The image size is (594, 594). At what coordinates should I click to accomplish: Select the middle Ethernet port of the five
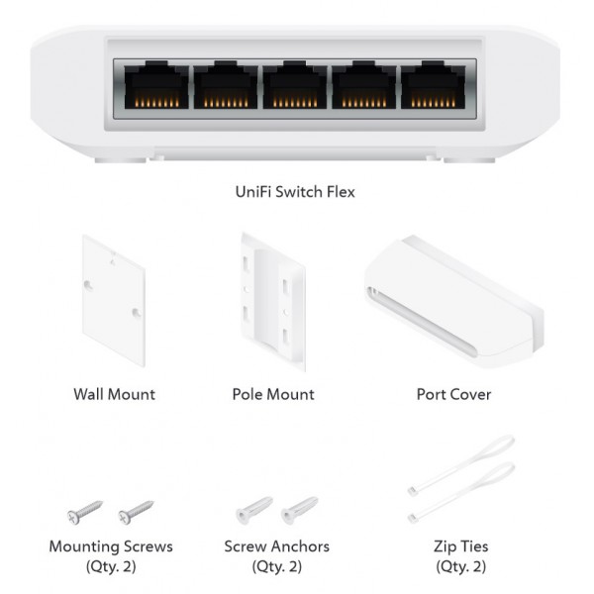(x=294, y=88)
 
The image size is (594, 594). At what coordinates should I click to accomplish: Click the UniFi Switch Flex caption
(x=297, y=191)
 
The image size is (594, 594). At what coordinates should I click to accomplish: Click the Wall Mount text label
(x=114, y=394)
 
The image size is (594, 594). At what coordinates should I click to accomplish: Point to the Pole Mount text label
(x=273, y=394)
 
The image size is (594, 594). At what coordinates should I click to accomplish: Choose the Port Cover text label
(x=453, y=394)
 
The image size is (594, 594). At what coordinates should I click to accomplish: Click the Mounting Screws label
(x=111, y=546)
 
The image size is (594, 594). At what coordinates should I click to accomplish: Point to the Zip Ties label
(x=461, y=546)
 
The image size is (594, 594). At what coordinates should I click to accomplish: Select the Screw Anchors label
(x=277, y=546)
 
